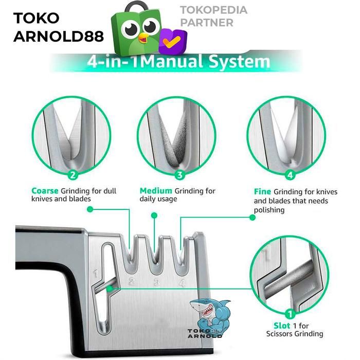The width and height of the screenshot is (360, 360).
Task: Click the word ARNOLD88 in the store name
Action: click(x=58, y=37)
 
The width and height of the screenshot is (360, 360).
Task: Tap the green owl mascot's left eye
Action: click(x=132, y=28)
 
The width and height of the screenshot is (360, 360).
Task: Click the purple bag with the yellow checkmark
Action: click(x=172, y=42)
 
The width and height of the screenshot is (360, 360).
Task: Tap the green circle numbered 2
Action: click(x=73, y=175)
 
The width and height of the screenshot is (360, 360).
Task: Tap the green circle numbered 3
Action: click(x=179, y=175)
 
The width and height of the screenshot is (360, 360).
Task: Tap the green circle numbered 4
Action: click(x=290, y=175)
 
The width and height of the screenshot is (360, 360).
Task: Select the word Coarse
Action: click(x=45, y=191)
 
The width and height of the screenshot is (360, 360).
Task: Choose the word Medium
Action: click(x=156, y=191)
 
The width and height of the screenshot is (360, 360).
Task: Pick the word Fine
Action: click(x=262, y=191)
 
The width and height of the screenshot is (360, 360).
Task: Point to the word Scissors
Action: click(x=277, y=334)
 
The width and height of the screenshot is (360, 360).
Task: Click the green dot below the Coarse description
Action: click(x=89, y=209)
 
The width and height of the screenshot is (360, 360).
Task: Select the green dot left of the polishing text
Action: click(x=253, y=218)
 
